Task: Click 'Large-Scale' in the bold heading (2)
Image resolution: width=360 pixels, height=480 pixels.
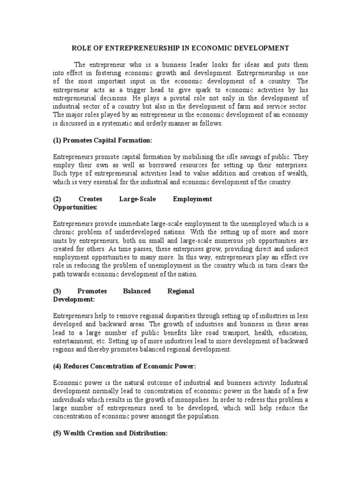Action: point(134,199)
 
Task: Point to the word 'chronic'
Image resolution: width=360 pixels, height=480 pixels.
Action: point(64,232)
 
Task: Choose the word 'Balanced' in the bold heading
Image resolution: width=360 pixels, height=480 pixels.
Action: point(136,291)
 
